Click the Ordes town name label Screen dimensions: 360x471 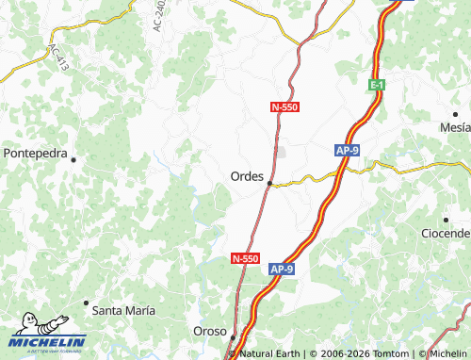[247, 175]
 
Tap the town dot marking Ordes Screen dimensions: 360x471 [269, 183]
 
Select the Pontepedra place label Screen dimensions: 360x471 [35, 152]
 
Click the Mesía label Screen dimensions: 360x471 [455, 127]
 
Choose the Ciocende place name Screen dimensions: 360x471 [446, 233]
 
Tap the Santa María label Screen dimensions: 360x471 [123, 309]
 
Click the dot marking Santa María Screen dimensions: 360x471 [87, 303]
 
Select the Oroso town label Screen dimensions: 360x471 [210, 332]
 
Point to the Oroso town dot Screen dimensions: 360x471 [234, 335]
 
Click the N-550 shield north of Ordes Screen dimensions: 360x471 [284, 107]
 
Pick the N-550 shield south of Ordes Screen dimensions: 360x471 [245, 257]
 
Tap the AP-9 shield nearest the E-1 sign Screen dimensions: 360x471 [347, 149]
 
